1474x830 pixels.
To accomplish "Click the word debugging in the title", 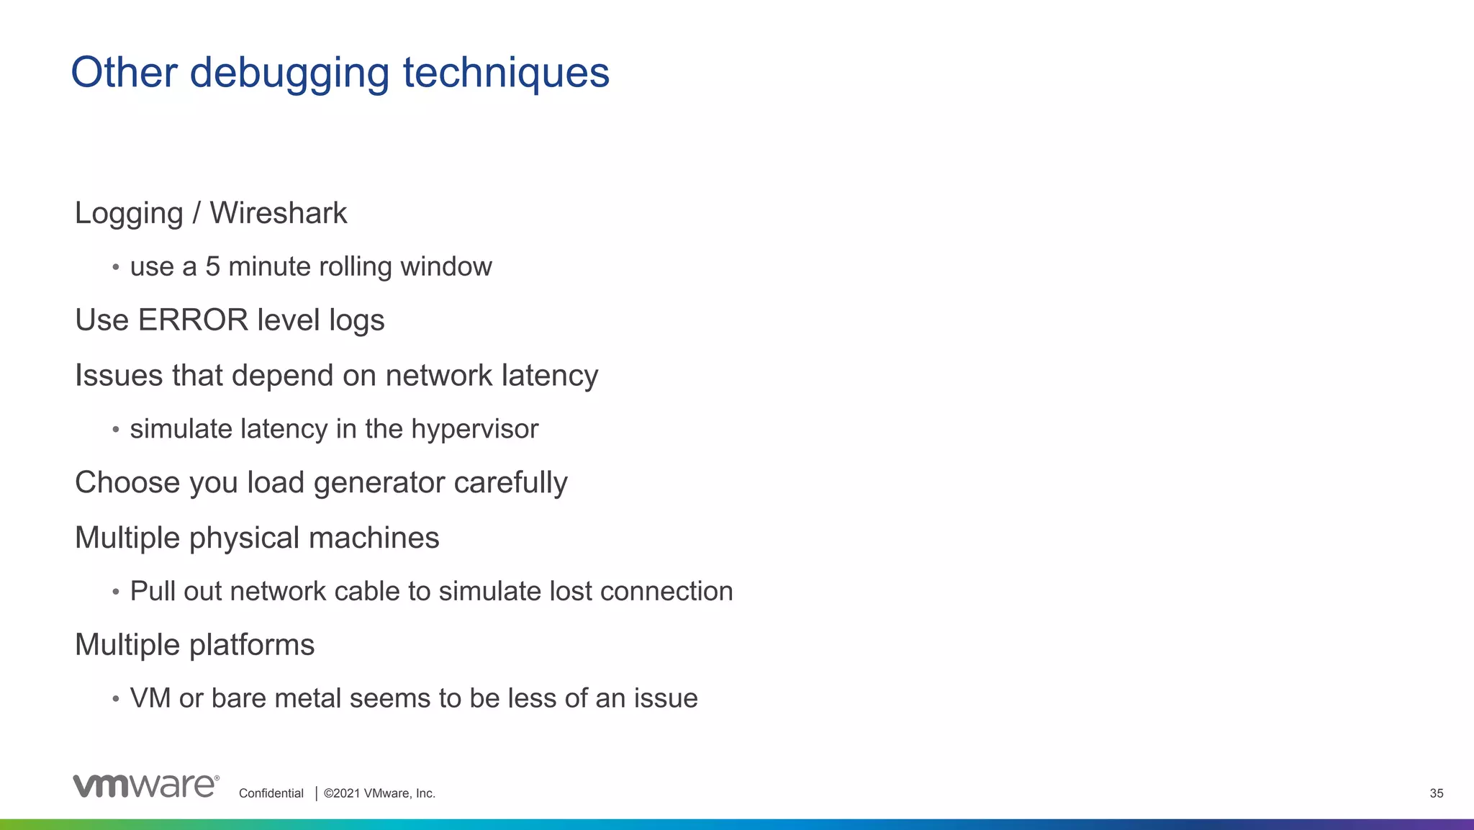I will (289, 73).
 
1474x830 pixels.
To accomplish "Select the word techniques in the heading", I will (506, 73).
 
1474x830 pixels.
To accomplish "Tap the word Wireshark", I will (278, 213).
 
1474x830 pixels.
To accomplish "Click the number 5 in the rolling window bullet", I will (212, 266).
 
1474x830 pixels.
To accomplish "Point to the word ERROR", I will (193, 320).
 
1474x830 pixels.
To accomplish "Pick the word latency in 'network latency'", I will (549, 376).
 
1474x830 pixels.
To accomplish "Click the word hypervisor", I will (474, 429).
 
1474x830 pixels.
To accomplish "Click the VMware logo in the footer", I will (145, 786).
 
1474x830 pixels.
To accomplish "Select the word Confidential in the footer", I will (271, 793).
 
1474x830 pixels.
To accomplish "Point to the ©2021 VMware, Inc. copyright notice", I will (379, 793).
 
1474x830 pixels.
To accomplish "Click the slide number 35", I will (1436, 793).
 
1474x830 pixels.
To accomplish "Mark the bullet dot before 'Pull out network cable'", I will (115, 592).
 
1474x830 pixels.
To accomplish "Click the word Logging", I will (129, 214).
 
